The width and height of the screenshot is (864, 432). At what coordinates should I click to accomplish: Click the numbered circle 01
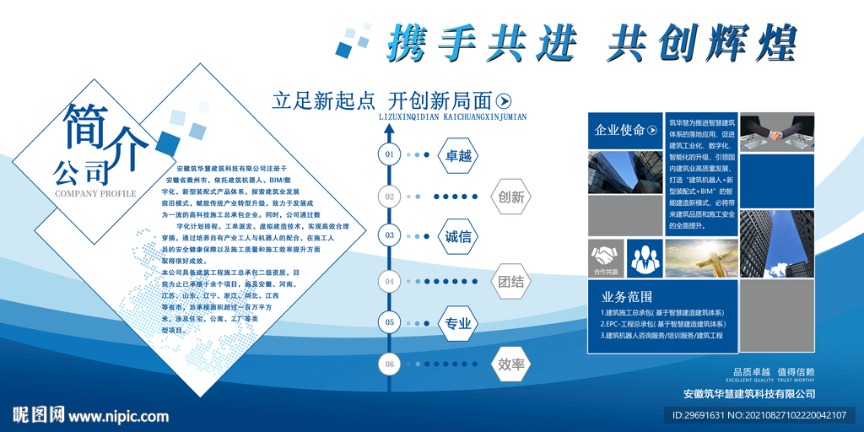[x=389, y=154]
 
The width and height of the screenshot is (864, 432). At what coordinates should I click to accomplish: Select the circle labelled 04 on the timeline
[x=389, y=281]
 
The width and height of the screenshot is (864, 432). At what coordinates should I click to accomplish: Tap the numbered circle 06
[x=389, y=364]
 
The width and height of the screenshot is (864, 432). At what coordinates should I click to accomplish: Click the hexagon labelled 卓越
[x=458, y=155]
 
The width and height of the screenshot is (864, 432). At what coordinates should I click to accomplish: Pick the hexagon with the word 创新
[x=511, y=197]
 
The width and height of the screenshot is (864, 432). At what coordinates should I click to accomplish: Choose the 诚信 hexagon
[x=458, y=236]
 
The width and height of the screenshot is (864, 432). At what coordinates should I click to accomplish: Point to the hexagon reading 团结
[x=511, y=281]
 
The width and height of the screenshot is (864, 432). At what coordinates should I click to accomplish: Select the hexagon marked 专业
[x=458, y=323]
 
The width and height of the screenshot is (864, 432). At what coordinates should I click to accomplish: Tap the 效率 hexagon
[x=511, y=364]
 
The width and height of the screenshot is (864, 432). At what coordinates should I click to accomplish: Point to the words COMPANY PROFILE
[x=94, y=193]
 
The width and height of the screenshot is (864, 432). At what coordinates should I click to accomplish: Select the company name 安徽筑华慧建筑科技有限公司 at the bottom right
[x=749, y=393]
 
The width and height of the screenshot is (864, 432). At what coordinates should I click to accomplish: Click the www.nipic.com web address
[x=117, y=415]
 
